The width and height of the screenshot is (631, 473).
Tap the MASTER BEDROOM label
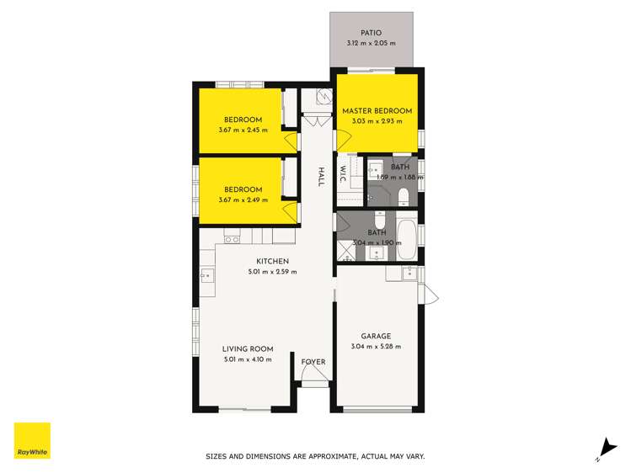[x=377, y=111]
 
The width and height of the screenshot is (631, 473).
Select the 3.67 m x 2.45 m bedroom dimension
[x=243, y=130]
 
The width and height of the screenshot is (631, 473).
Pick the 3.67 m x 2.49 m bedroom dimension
[x=243, y=199]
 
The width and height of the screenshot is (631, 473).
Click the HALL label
[x=321, y=178]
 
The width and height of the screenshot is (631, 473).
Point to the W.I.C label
[x=344, y=174]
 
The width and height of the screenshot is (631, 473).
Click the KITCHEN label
[x=273, y=261]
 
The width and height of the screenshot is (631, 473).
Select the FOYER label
[x=313, y=362]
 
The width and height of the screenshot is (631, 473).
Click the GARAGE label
[x=377, y=336]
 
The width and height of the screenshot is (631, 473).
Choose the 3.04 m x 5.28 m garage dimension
[x=377, y=346]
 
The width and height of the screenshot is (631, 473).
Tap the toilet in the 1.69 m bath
[x=404, y=196]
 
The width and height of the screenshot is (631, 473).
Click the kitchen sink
[x=206, y=274]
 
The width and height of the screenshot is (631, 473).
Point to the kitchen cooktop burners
[x=229, y=239]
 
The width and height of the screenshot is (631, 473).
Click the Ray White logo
[x=32, y=440]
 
